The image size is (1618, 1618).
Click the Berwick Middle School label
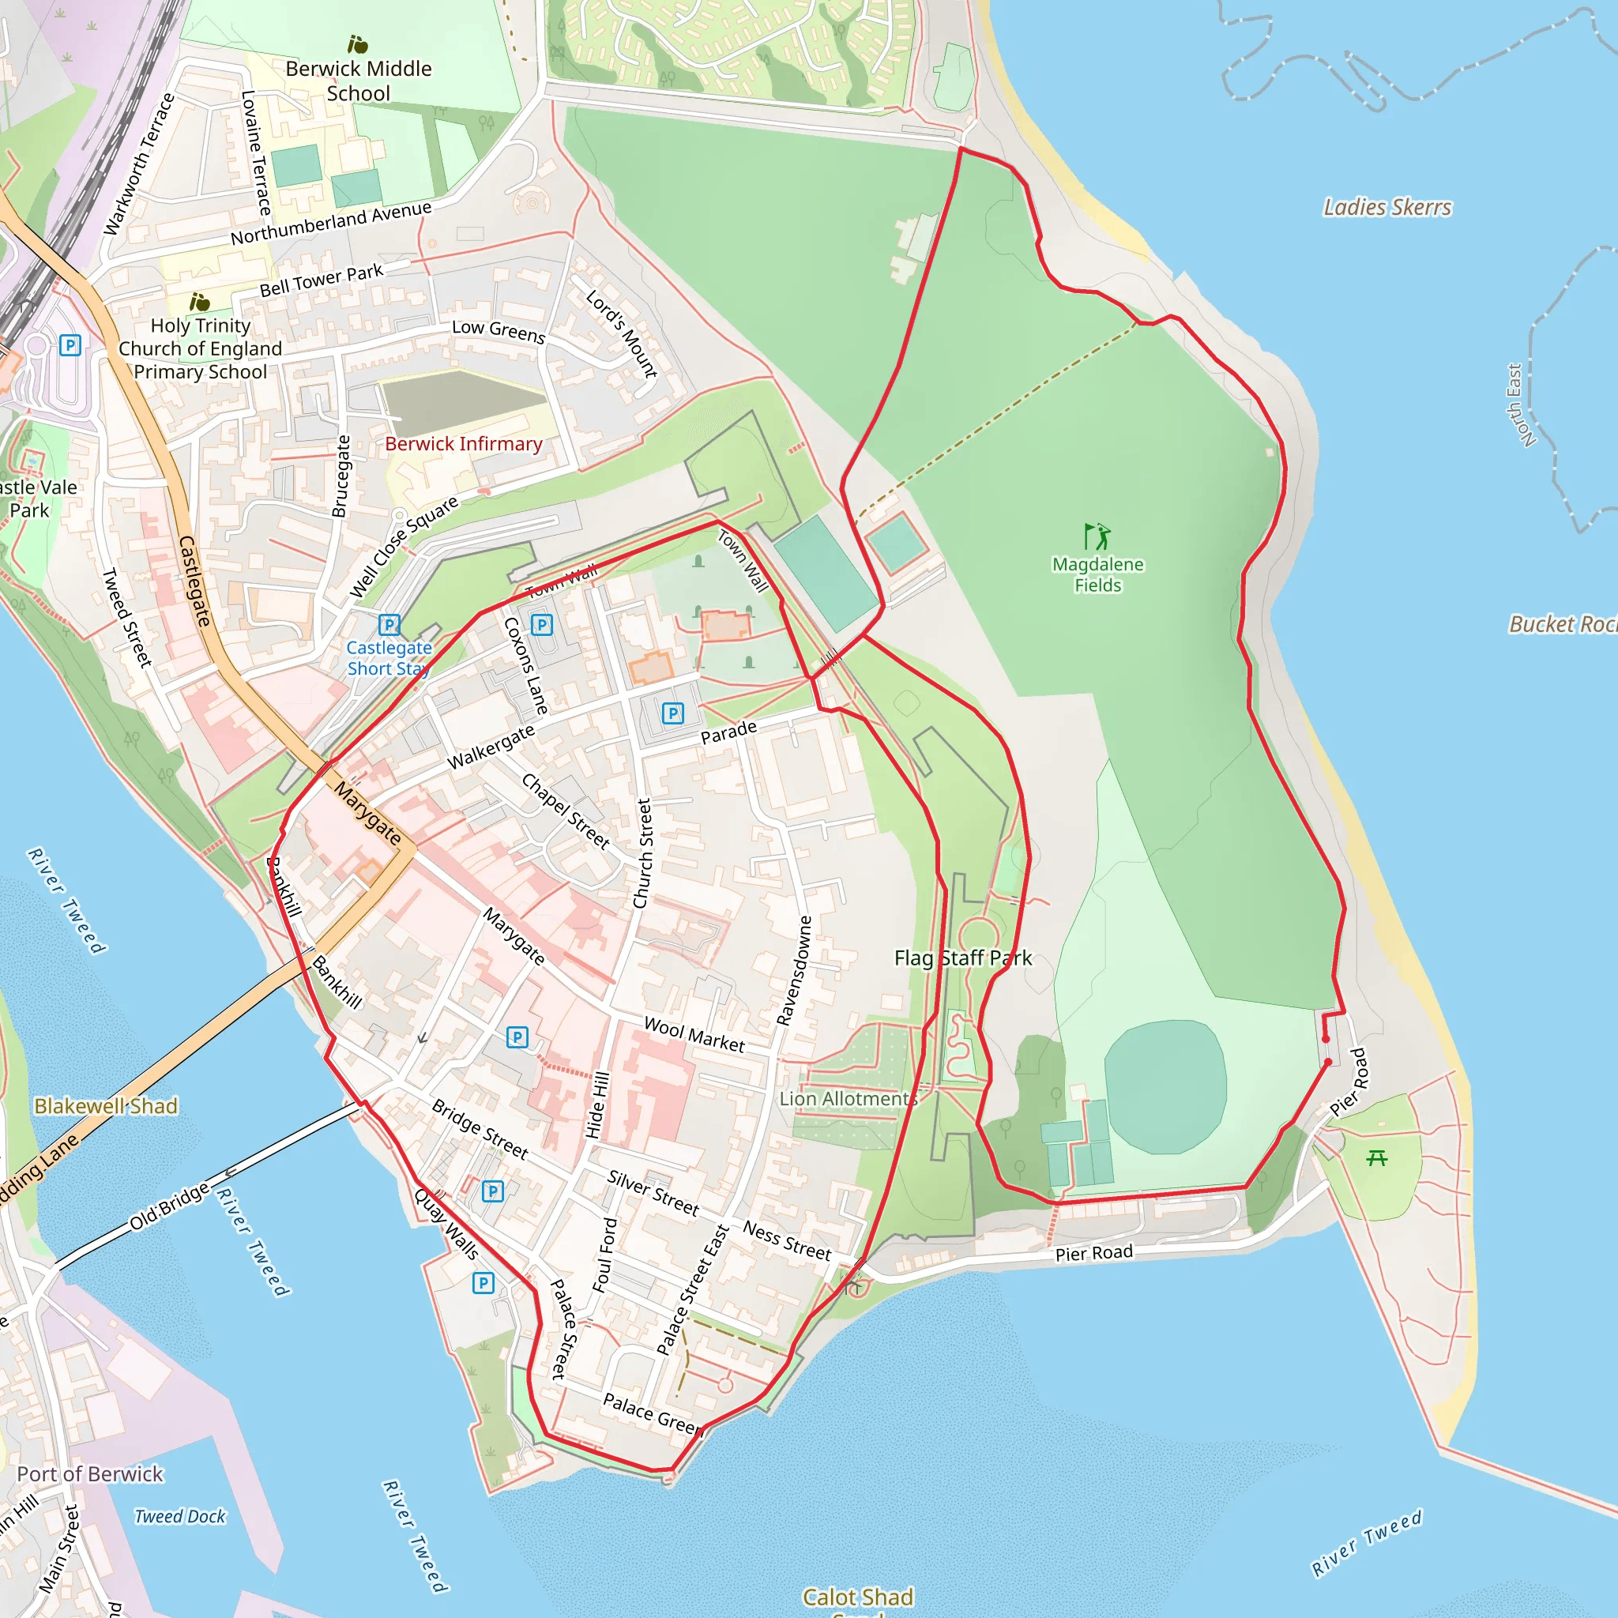click(x=359, y=81)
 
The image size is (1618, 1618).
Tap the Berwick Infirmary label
click(x=463, y=444)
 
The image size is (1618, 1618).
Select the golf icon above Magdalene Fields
click(x=1097, y=536)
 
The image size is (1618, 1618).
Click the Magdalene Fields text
click(x=1097, y=574)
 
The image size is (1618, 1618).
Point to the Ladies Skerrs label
click(x=1387, y=207)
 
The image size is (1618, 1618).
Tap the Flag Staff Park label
click(x=962, y=958)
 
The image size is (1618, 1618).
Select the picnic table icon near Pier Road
click(x=1376, y=1158)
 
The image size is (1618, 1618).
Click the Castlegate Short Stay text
click(x=389, y=658)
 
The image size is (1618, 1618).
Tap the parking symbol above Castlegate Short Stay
click(x=389, y=625)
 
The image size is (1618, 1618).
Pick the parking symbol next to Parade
click(x=672, y=713)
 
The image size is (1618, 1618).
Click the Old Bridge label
click(x=169, y=1206)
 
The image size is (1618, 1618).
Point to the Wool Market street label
click(x=694, y=1035)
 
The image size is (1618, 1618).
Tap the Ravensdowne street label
click(x=794, y=970)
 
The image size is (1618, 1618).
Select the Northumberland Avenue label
click(x=331, y=223)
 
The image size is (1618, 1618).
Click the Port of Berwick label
click(x=89, y=1474)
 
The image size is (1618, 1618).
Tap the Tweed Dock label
click(x=180, y=1517)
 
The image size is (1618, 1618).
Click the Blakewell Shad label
click(x=106, y=1106)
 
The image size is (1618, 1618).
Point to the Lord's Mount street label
click(x=622, y=333)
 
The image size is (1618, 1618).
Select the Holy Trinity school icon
click(x=199, y=302)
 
